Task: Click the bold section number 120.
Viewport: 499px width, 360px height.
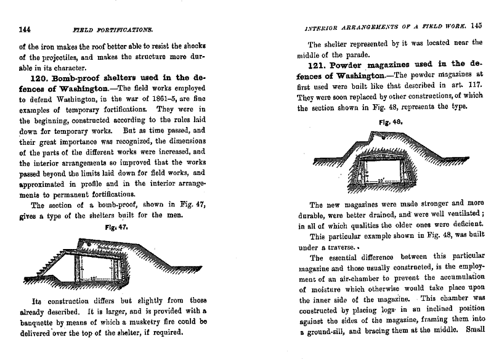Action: pos(41,80)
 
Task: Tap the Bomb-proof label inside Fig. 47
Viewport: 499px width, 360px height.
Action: pos(100,248)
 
